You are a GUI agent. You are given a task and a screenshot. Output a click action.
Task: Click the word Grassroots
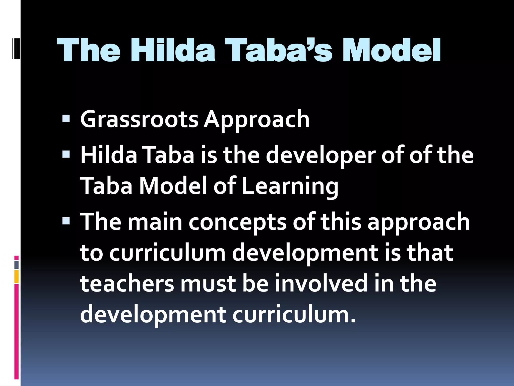139,119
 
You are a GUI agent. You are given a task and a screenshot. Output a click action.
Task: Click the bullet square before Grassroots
66,118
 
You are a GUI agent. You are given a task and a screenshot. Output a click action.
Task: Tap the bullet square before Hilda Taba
66,154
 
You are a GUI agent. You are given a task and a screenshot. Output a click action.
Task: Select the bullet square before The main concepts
66,221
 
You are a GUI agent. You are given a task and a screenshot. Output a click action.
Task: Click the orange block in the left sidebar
17,276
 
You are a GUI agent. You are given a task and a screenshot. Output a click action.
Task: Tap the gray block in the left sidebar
17,265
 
